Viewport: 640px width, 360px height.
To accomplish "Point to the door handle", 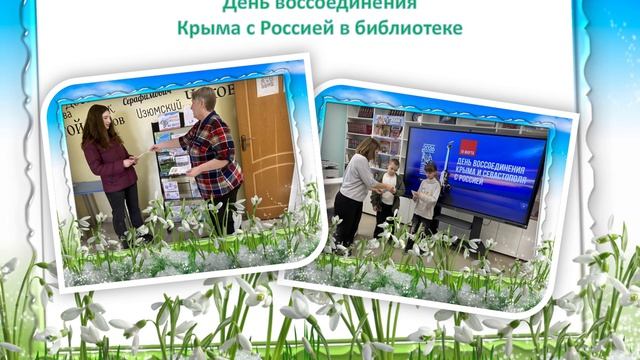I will [x=243, y=143].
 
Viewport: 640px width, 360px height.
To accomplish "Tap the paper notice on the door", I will [x=268, y=87].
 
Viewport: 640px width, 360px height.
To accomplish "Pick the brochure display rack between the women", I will [x=171, y=160].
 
